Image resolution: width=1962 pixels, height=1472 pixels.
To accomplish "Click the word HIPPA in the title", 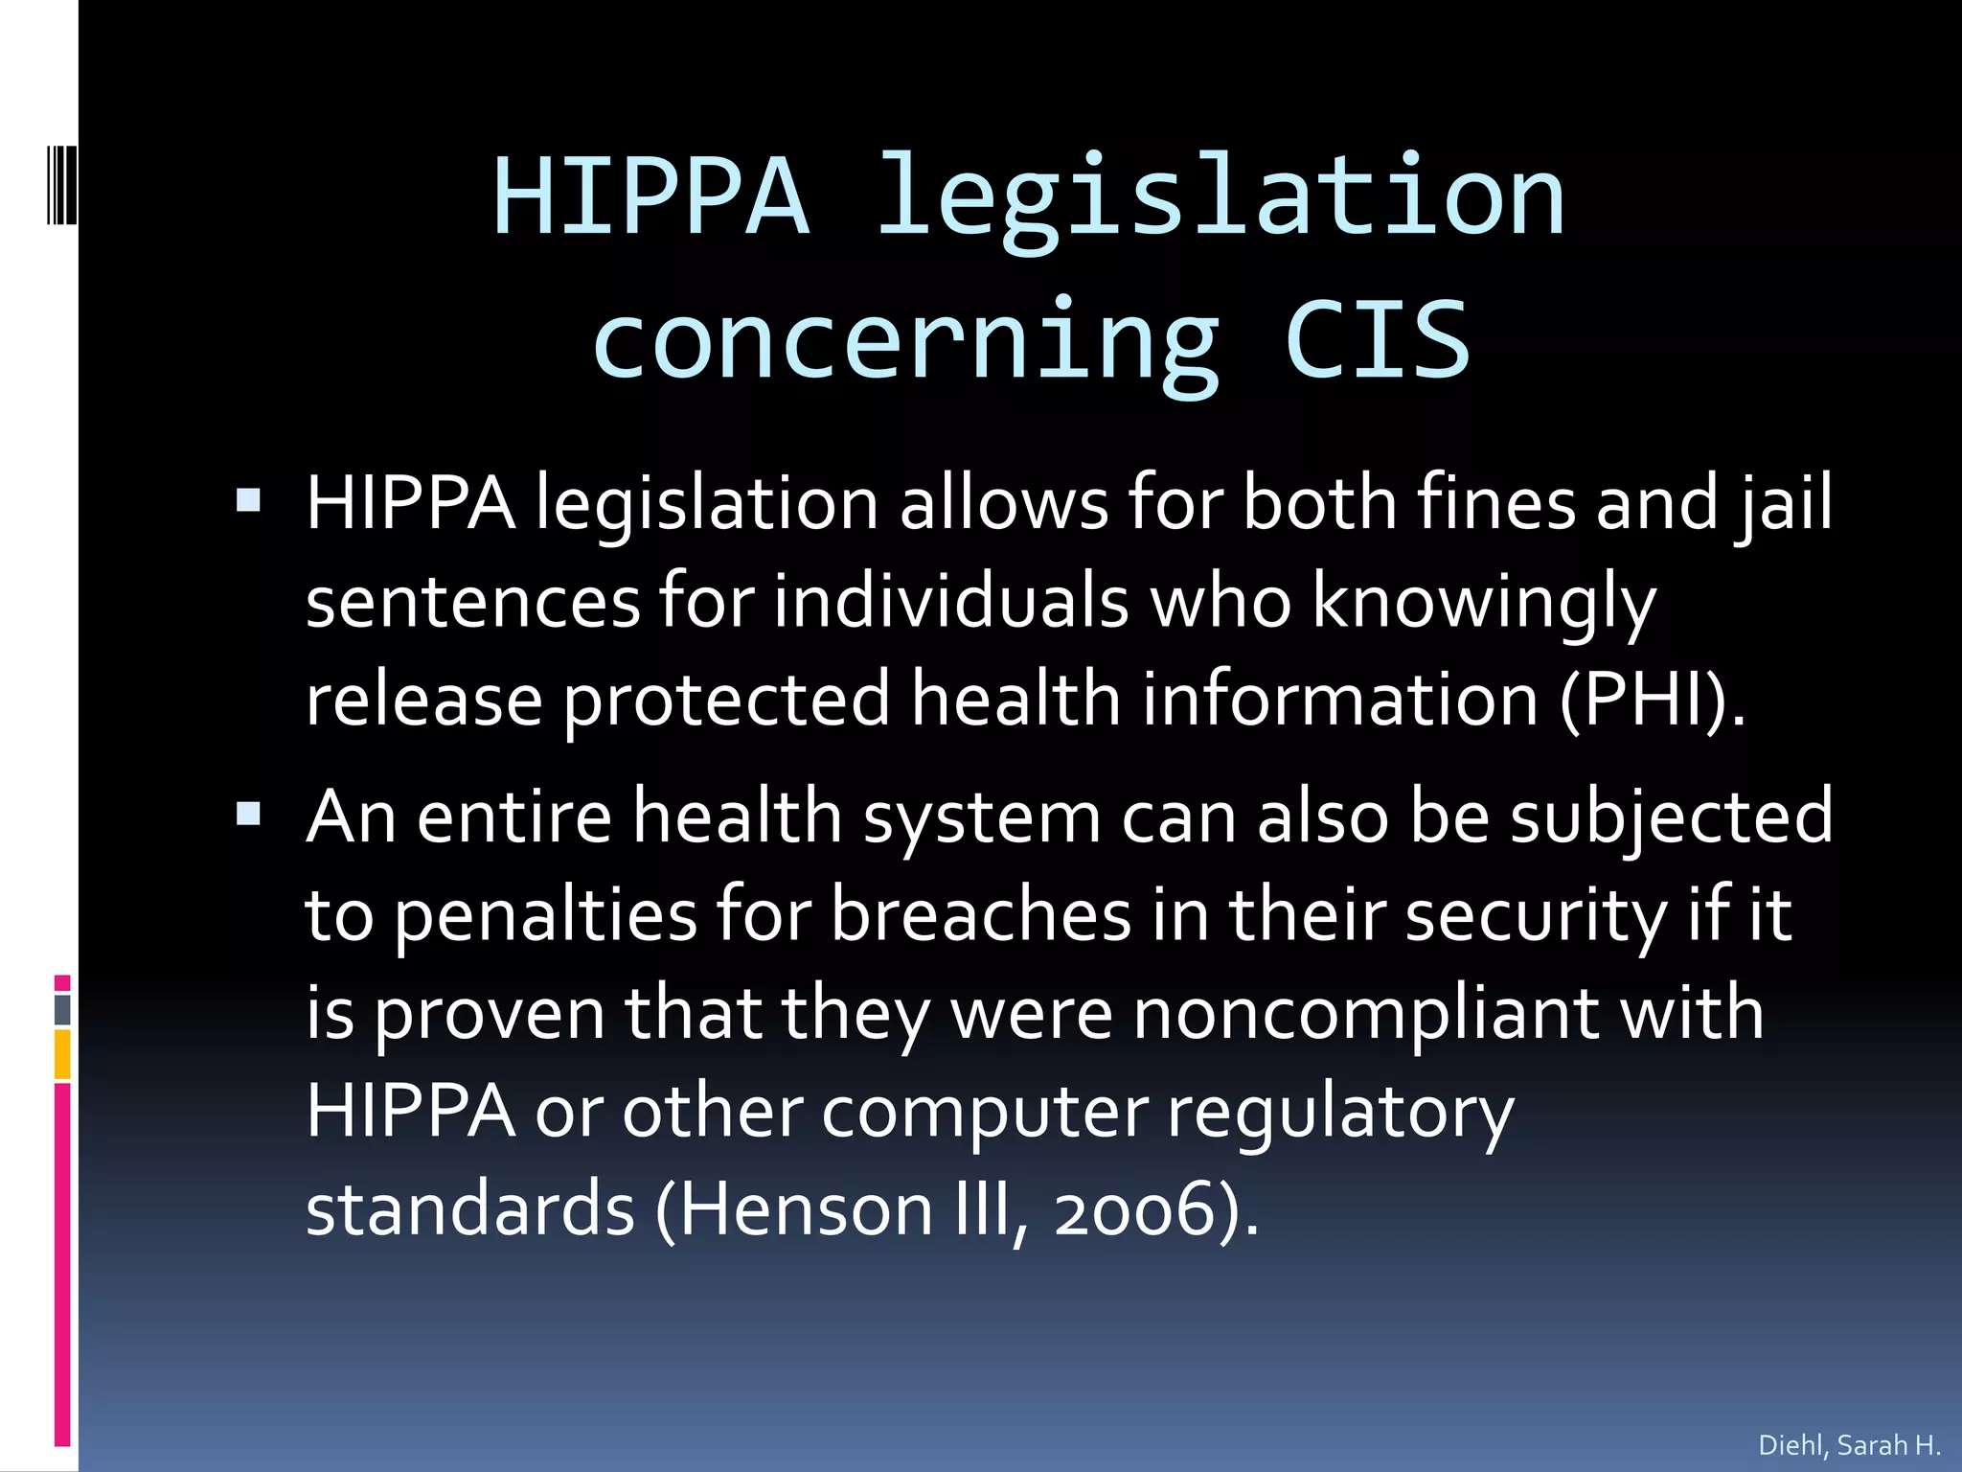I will [x=651, y=197].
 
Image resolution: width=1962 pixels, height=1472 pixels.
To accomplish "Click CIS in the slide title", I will [x=1377, y=339].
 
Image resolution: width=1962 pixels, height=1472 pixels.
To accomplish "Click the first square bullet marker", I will [x=248, y=501].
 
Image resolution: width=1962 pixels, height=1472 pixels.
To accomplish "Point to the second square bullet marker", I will [x=248, y=815].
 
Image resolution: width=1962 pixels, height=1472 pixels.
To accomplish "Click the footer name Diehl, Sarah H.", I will [x=1849, y=1445].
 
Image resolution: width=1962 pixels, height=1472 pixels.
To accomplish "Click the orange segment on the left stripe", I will [x=62, y=1054].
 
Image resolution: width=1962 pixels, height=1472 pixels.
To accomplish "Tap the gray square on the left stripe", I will [x=62, y=1009].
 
